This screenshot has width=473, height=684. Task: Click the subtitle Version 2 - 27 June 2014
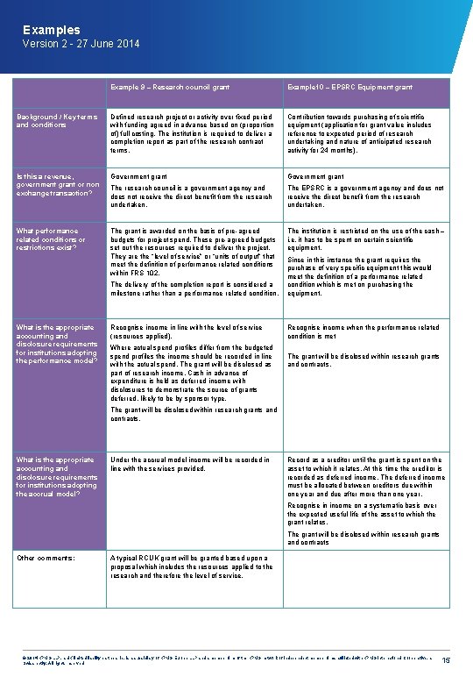click(81, 44)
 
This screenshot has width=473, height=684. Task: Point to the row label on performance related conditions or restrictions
click(53, 239)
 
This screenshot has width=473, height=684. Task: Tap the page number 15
click(447, 659)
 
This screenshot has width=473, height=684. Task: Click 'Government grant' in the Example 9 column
click(138, 176)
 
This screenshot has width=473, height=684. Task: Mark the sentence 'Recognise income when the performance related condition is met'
click(364, 331)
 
